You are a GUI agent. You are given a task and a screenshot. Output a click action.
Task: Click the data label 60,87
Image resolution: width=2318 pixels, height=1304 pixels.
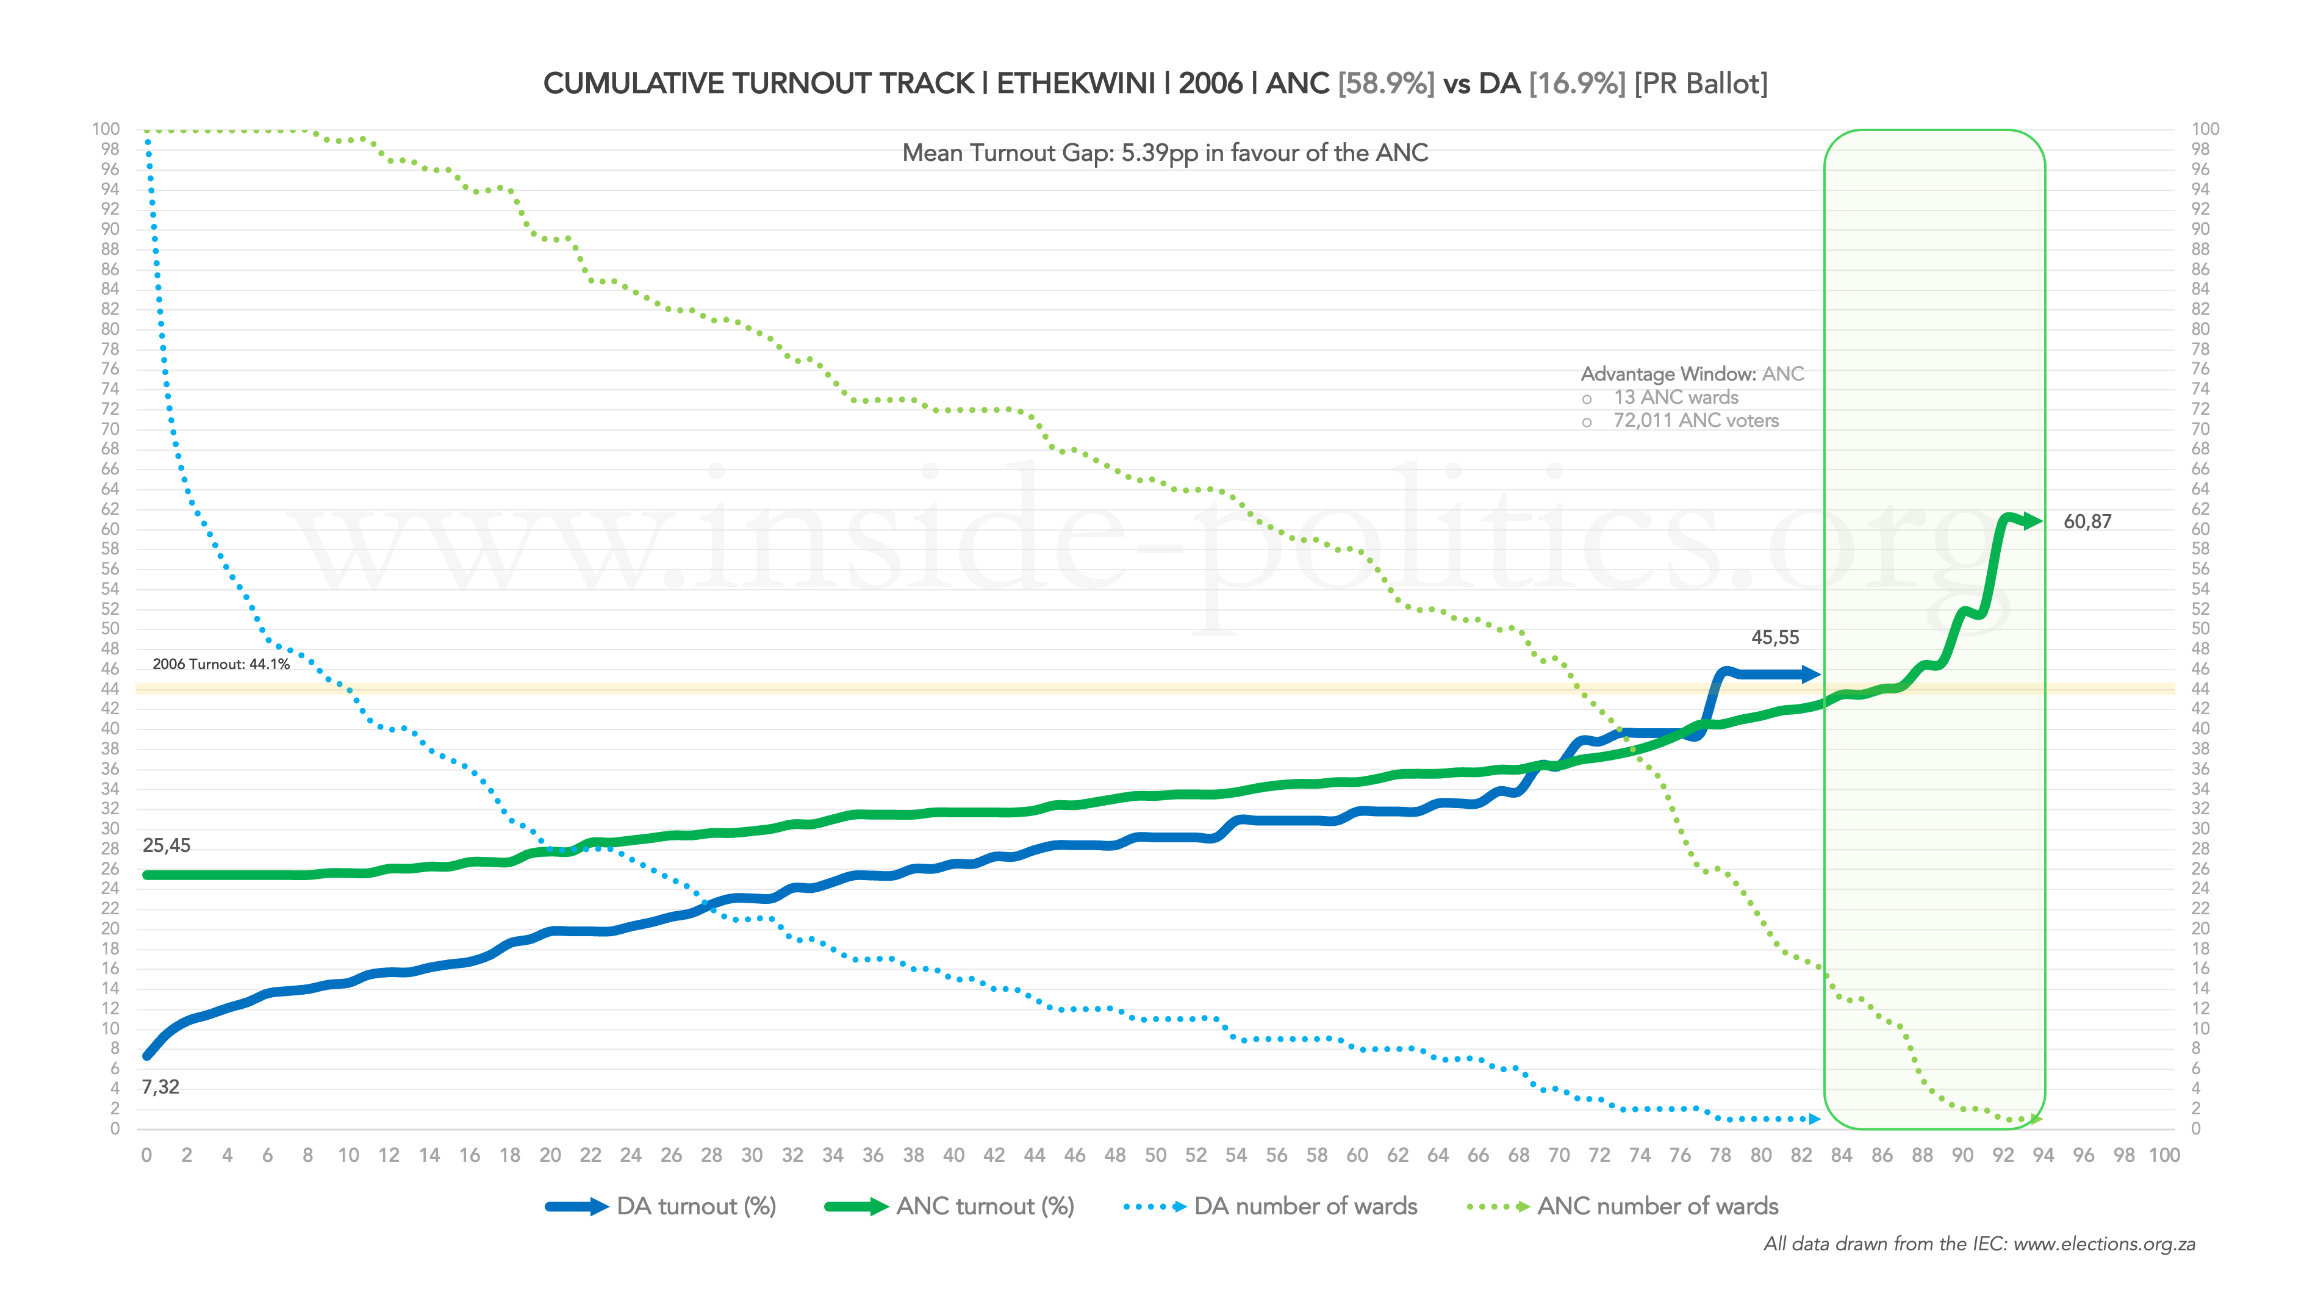(x=2087, y=522)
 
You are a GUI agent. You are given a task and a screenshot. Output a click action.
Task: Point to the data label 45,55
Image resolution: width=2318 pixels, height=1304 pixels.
(x=1774, y=638)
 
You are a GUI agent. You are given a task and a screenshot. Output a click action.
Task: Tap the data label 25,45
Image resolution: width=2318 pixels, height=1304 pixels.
(x=167, y=846)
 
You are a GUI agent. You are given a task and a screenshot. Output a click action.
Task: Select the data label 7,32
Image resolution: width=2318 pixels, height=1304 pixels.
(x=160, y=1087)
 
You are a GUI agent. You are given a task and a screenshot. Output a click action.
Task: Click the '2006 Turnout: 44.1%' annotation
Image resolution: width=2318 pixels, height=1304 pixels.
(x=220, y=664)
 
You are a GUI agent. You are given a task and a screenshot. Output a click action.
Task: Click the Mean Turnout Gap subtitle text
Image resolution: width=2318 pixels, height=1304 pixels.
(x=1164, y=153)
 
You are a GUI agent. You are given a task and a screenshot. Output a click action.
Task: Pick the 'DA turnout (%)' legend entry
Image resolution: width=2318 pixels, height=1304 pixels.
(x=695, y=1207)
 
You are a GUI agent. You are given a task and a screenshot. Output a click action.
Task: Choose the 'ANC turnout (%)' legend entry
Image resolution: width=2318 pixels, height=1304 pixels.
(x=985, y=1207)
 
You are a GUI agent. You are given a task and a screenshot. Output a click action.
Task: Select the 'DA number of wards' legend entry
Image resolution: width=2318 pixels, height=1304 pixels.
(x=1305, y=1207)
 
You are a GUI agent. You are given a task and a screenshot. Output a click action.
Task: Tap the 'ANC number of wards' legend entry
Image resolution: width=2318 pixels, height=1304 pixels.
(x=1657, y=1207)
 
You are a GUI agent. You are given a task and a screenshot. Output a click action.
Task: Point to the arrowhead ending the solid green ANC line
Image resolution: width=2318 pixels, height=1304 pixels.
(x=2032, y=521)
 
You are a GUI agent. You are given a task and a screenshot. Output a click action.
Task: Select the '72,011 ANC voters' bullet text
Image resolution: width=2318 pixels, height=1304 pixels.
(x=1695, y=421)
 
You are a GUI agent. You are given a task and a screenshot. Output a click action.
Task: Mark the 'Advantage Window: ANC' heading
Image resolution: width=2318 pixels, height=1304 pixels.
(x=1692, y=374)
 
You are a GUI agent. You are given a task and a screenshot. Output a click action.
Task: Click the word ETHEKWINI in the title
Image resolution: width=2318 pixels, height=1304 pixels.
(x=1075, y=84)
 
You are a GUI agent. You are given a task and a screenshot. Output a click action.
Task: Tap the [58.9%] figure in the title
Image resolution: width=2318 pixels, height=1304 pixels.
(x=1386, y=84)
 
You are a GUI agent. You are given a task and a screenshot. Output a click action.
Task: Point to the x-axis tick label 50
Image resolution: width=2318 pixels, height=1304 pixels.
(x=1155, y=1156)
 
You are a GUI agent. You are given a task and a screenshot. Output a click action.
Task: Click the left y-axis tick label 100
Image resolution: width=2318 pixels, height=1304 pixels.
(x=106, y=129)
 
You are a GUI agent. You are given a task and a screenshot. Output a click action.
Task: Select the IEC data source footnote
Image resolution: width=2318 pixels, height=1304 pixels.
(x=1979, y=1245)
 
